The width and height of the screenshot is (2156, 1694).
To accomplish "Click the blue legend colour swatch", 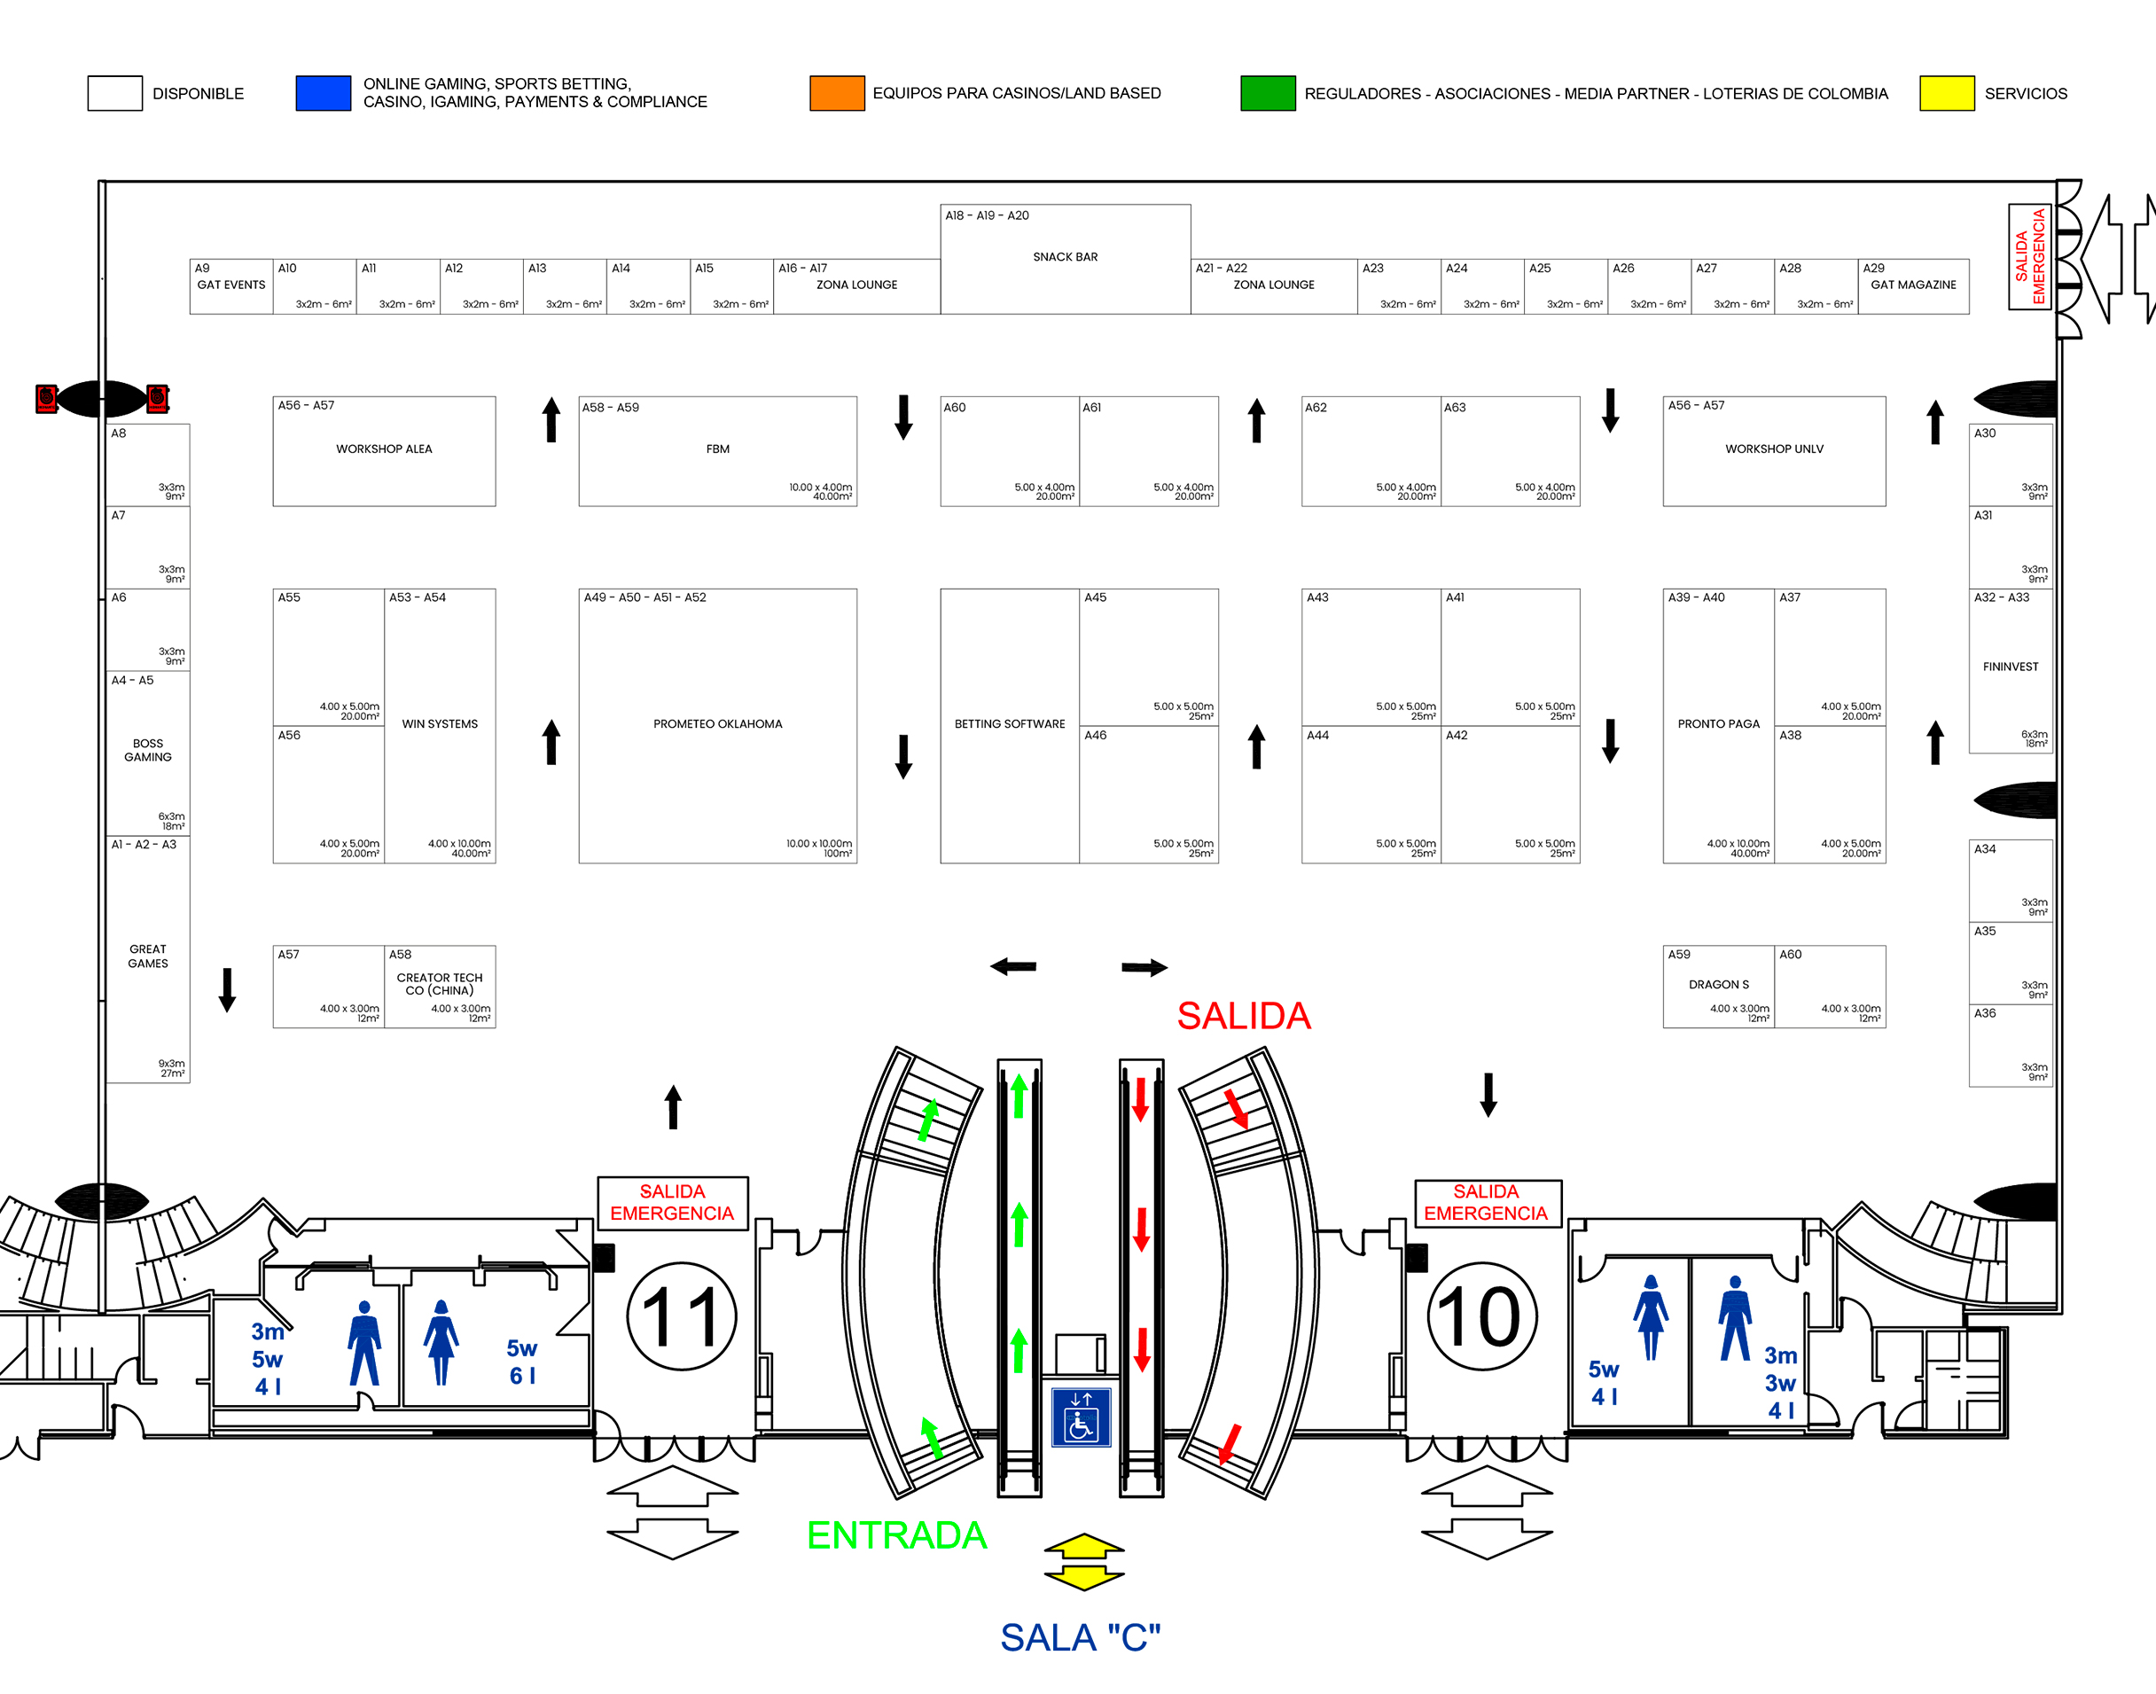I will point(323,93).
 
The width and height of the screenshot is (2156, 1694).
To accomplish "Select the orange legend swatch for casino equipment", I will point(836,93).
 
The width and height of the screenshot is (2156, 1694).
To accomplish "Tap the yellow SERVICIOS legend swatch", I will point(1946,93).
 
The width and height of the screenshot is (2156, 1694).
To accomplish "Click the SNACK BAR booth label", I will point(1065,257).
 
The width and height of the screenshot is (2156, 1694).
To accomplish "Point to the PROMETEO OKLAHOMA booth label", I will point(717,724).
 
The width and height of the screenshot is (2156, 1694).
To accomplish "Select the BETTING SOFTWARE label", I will point(1009,724).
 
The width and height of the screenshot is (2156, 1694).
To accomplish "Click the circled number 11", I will point(682,1316).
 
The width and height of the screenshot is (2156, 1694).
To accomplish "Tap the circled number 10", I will point(1480,1316).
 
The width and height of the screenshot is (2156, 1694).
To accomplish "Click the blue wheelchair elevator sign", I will point(1081,1417).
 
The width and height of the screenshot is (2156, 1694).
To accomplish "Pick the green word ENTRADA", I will point(896,1535).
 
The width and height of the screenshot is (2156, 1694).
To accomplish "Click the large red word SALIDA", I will point(1244,1016).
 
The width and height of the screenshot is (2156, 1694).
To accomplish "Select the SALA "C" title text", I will point(1080,1637).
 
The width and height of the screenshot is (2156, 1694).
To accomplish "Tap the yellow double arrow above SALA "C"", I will point(1084,1562).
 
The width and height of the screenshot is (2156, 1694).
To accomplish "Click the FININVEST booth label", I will point(2011,667).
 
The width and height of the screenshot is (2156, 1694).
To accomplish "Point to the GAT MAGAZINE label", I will point(1913,285).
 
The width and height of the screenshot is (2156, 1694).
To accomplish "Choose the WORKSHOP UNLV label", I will point(1773,449).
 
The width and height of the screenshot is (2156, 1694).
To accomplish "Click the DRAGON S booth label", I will point(1719,985).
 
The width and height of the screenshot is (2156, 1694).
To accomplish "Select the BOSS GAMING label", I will point(148,750).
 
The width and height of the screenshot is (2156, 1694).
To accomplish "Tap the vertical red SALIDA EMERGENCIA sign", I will point(2030,256).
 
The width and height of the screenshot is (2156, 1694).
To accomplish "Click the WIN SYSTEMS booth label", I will point(440,724).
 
